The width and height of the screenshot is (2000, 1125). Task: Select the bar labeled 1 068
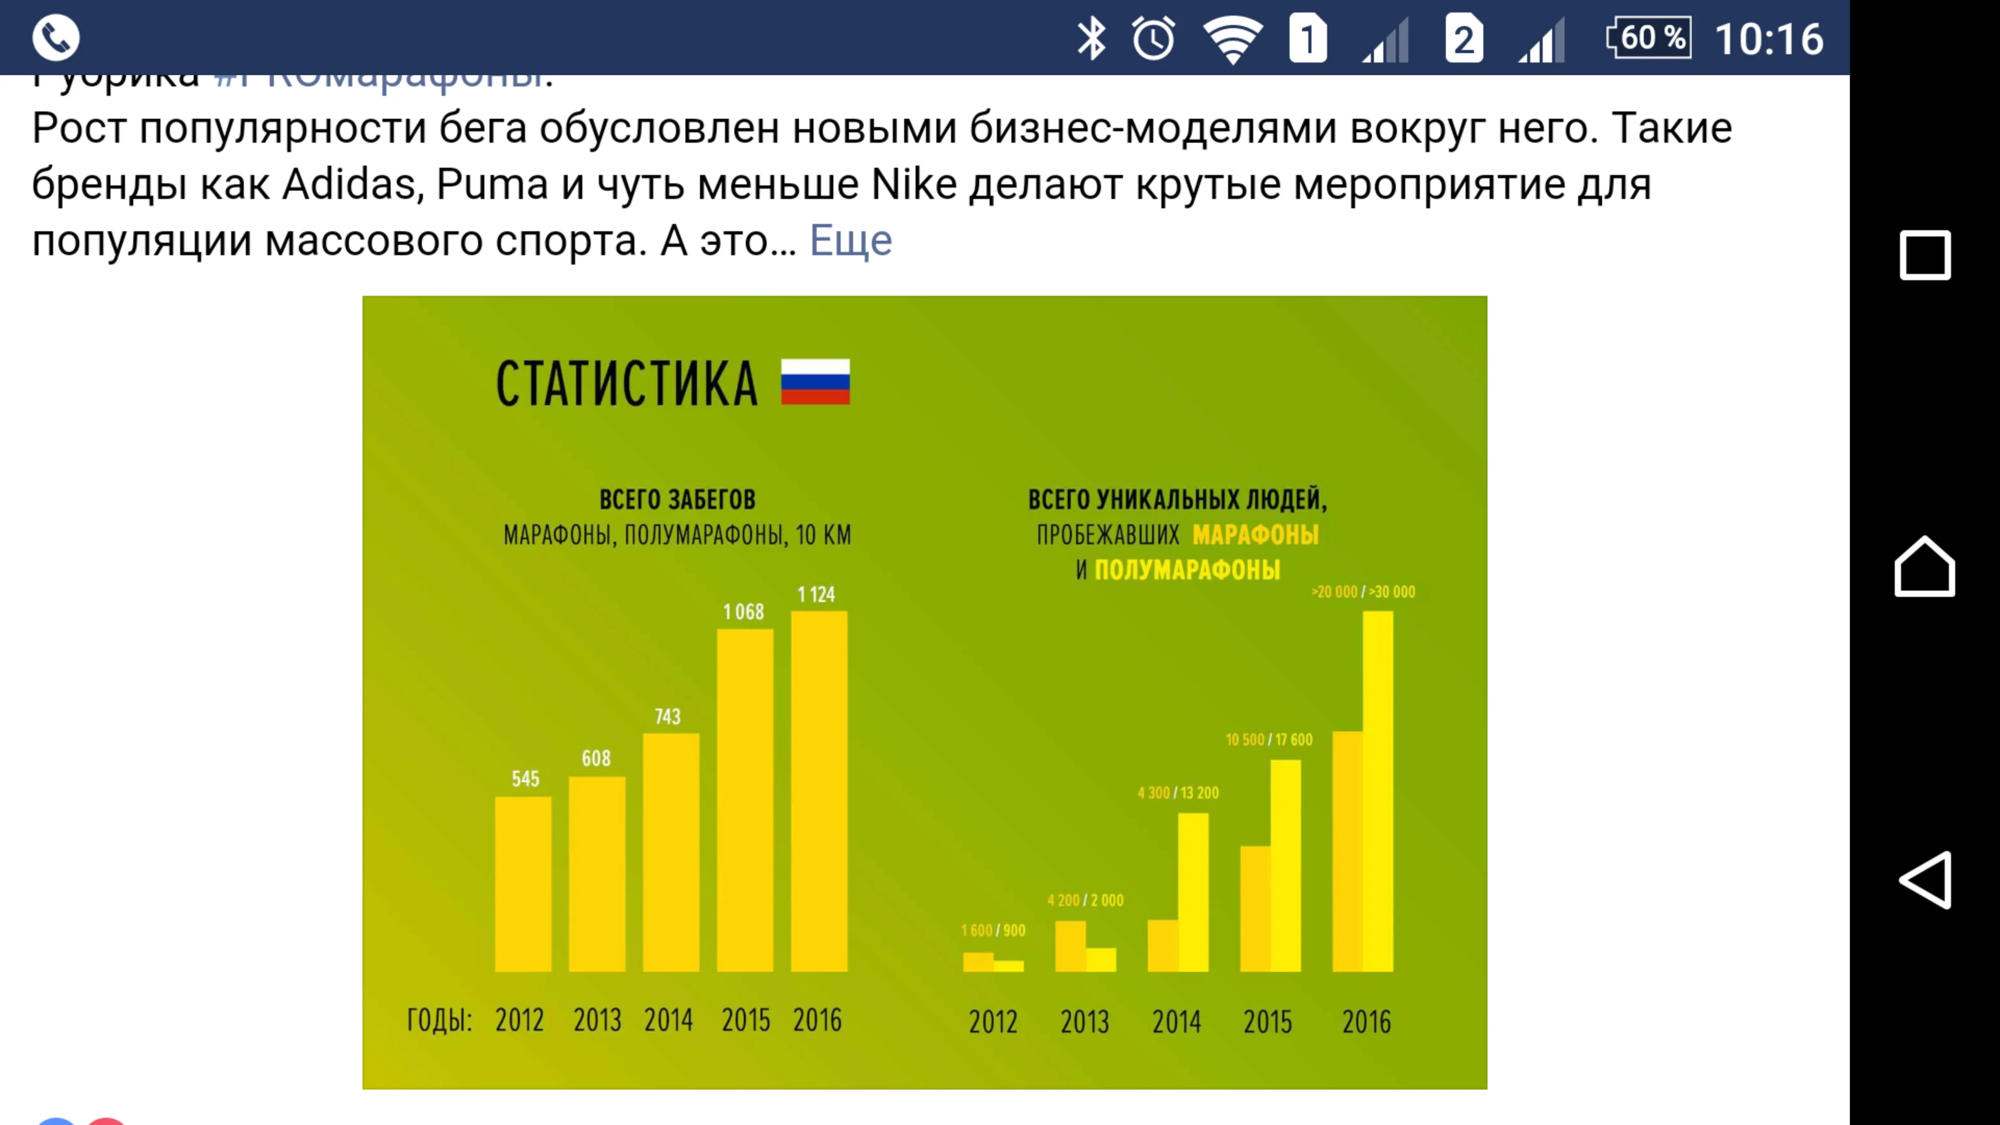pos(745,799)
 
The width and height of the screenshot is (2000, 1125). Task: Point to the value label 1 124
pos(816,595)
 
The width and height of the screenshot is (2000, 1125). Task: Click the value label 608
pos(596,758)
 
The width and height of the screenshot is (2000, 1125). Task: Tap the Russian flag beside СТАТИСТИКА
pos(815,382)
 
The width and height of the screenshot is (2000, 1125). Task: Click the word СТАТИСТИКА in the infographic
pos(627,383)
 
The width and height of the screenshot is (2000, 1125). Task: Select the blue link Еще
pos(850,241)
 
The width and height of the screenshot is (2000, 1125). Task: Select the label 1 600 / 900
pos(993,930)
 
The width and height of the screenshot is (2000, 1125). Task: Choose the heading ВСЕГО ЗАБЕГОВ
pos(677,499)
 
